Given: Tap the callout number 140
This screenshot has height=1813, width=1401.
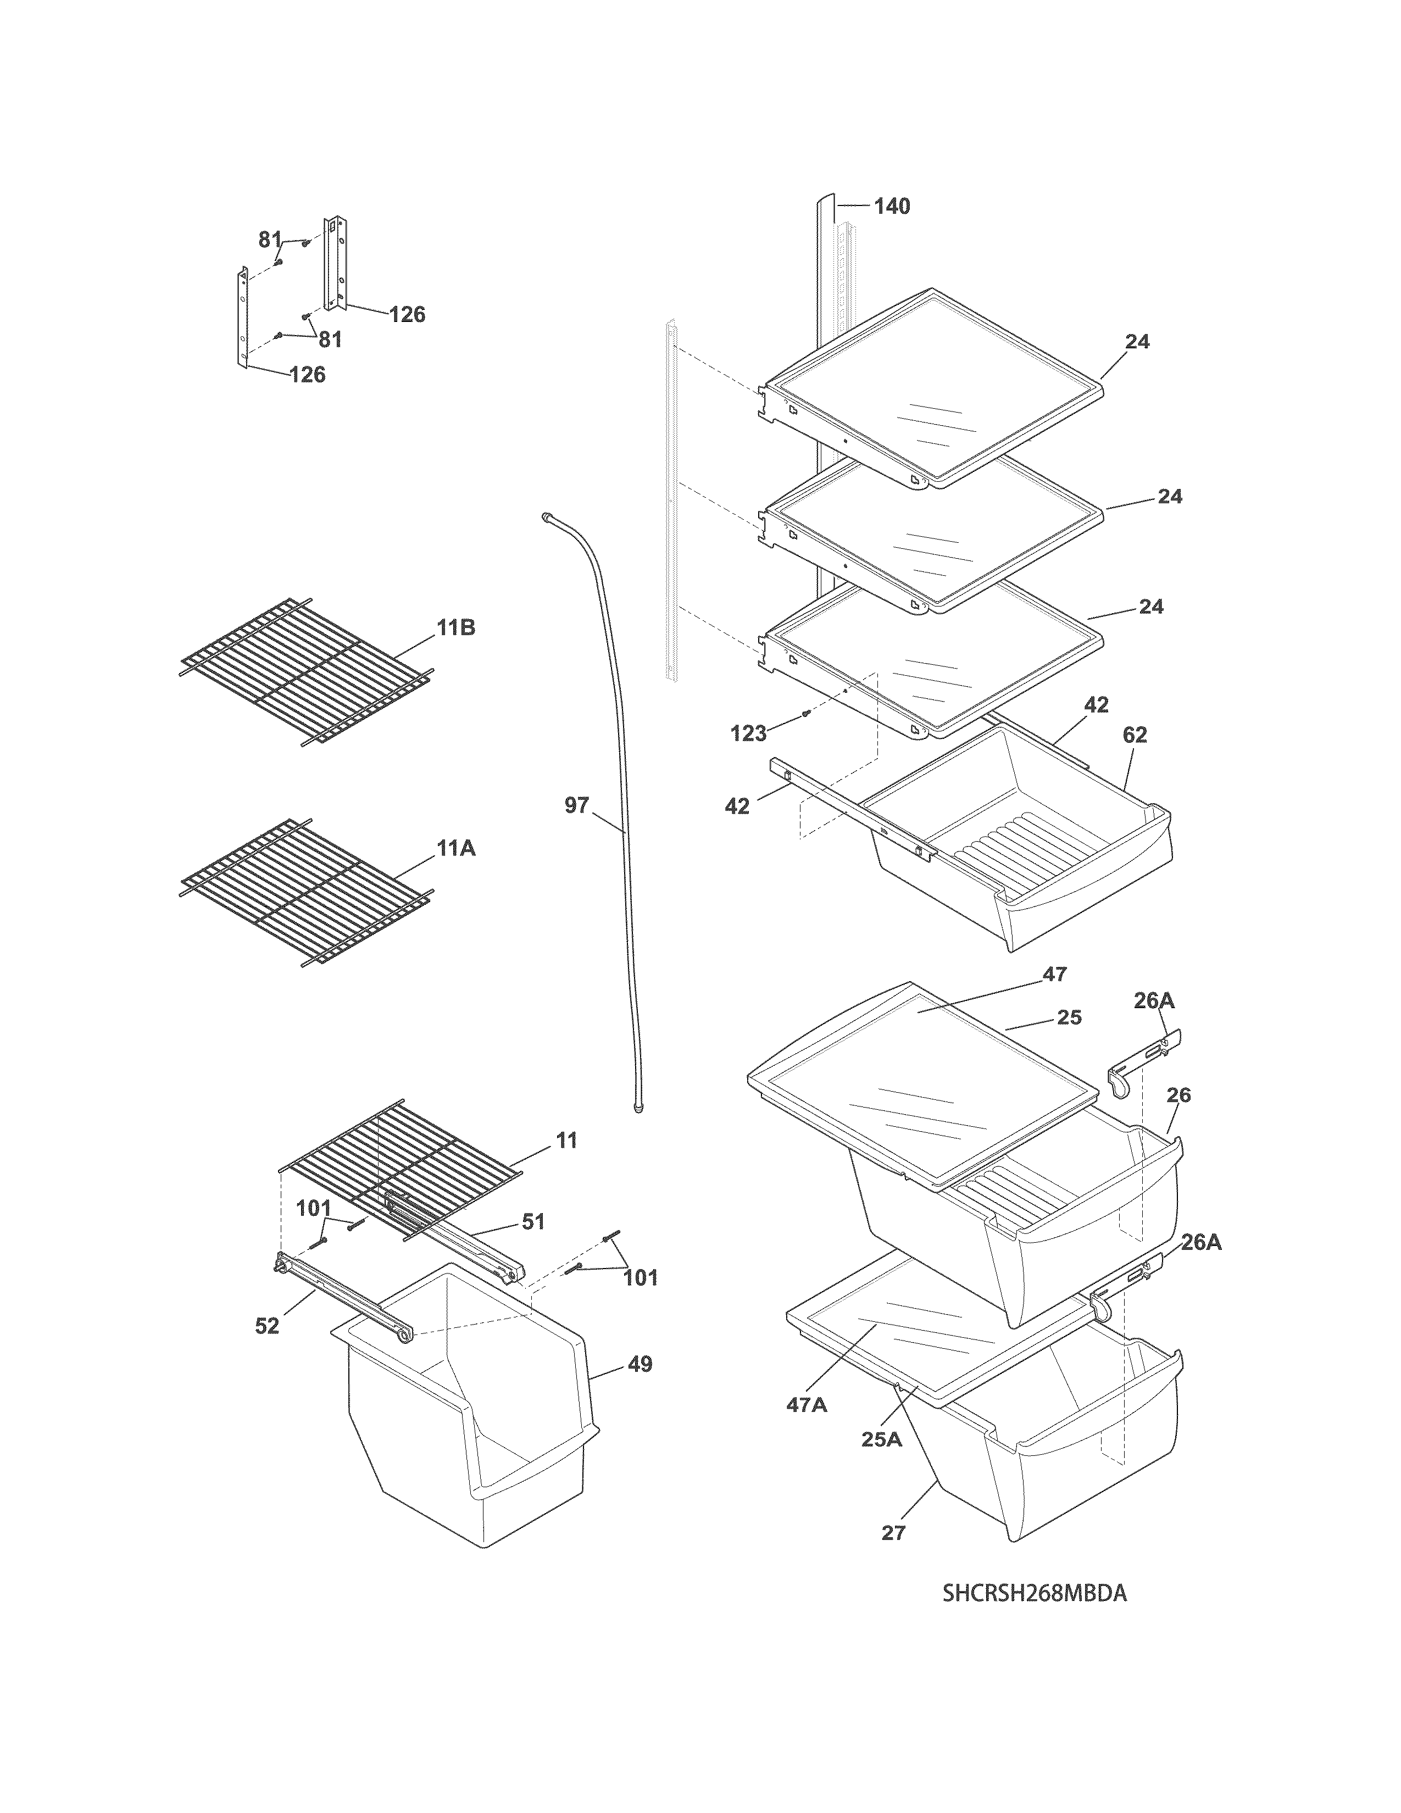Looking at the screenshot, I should [x=892, y=206].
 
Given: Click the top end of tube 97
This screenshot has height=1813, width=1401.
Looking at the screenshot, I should [x=546, y=516].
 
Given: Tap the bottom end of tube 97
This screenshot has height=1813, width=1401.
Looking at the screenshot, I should [x=638, y=1108].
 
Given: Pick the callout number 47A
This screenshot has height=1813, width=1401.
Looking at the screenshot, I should [x=806, y=1405].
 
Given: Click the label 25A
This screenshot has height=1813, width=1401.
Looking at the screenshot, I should [x=881, y=1439].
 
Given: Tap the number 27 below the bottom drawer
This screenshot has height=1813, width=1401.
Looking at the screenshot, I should [x=893, y=1532].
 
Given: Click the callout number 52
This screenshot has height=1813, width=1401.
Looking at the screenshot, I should [x=266, y=1327].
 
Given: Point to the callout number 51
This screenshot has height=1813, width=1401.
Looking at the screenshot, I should [x=533, y=1221].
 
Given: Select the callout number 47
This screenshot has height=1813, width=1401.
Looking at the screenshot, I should [x=1054, y=974].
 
